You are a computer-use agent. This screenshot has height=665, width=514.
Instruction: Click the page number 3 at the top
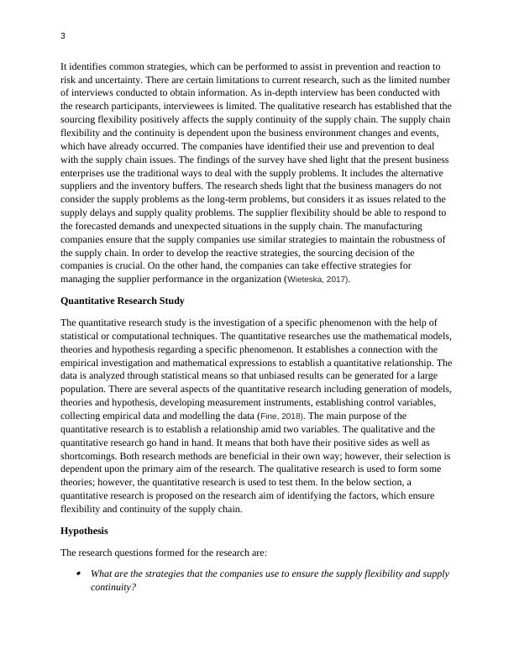(x=64, y=37)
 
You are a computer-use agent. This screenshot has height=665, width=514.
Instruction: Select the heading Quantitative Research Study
(x=123, y=301)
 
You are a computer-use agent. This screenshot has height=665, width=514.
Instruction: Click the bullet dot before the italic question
(x=78, y=574)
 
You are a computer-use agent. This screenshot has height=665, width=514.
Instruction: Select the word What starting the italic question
(x=102, y=574)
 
